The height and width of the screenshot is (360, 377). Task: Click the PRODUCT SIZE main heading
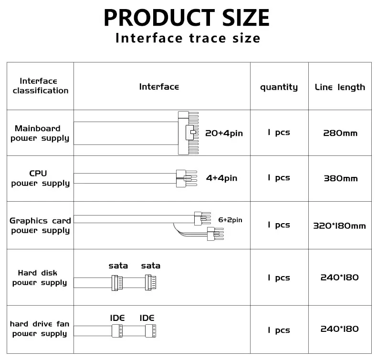[187, 18]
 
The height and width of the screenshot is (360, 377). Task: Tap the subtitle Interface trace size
[188, 39]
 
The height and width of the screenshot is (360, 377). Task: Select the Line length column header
[340, 87]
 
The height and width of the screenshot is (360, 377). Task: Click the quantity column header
[279, 87]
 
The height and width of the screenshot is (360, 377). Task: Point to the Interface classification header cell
[41, 86]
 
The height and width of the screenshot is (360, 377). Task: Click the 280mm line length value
[340, 133]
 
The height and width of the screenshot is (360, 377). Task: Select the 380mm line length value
[340, 178]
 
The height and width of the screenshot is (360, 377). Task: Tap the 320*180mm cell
[339, 226]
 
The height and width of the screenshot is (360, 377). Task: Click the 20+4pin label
[224, 133]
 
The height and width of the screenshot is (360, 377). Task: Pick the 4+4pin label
[221, 178]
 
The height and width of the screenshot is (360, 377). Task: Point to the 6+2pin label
[230, 220]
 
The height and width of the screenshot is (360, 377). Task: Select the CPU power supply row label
[40, 178]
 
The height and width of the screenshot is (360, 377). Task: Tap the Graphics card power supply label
[40, 226]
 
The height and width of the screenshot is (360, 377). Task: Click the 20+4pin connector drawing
[187, 133]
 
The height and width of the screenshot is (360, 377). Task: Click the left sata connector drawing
[117, 284]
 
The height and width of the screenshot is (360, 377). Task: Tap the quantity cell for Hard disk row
[279, 278]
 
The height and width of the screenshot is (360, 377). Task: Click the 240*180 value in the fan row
[339, 329]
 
